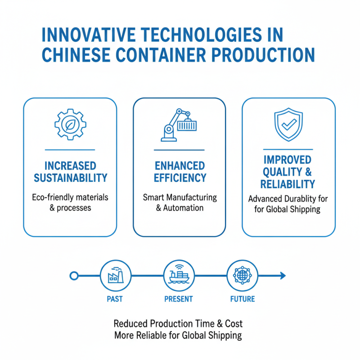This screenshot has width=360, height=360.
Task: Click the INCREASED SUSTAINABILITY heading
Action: (70, 171)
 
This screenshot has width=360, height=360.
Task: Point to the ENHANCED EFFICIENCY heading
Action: (180, 171)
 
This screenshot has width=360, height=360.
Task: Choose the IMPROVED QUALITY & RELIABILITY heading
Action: (288, 172)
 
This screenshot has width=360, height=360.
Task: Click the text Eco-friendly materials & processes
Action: (70, 202)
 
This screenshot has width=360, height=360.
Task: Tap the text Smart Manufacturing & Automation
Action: (180, 202)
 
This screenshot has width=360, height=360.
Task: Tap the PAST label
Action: (115, 299)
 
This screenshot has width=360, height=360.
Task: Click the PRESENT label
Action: (179, 299)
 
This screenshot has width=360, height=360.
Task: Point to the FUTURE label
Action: (242, 299)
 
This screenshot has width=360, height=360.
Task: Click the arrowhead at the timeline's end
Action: (282, 275)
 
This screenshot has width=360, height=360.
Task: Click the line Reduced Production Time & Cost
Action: (178, 324)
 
